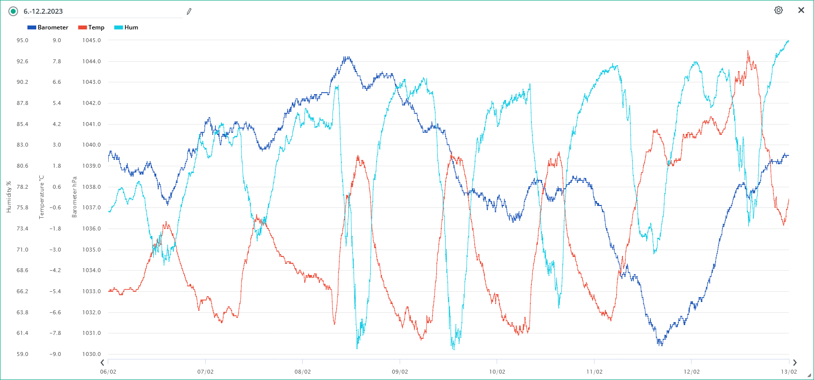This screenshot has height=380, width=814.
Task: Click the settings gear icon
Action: [x=778, y=10]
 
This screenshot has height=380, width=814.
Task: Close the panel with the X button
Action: [x=801, y=10]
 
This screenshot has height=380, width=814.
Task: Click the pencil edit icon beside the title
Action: [x=189, y=11]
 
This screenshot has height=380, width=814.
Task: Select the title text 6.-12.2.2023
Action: [x=43, y=11]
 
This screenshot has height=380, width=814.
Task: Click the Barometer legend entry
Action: [x=48, y=27]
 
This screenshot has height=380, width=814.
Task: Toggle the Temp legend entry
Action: [x=91, y=27]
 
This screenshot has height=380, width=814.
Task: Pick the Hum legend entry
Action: [x=126, y=27]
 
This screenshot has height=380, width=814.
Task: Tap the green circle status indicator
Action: [x=13, y=11]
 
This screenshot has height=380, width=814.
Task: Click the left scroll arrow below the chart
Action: [x=102, y=362]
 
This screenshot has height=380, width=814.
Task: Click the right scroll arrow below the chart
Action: [x=795, y=362]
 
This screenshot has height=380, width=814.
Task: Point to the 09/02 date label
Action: [x=400, y=372]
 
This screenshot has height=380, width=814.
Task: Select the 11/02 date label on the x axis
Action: [x=594, y=372]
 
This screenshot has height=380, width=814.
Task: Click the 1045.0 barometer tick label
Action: [x=92, y=40]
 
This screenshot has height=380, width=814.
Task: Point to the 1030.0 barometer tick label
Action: [x=92, y=354]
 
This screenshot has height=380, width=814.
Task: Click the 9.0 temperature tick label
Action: [x=57, y=40]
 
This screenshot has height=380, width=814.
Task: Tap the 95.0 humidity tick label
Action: [x=22, y=40]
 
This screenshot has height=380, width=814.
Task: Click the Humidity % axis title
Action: [x=9, y=197]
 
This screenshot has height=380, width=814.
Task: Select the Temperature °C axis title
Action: [x=42, y=197]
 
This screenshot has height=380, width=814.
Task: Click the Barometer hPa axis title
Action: [x=74, y=197]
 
